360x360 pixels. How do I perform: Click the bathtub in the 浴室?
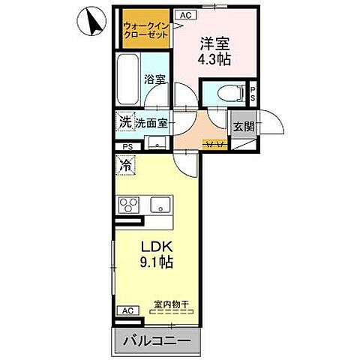pyautogui.click(x=130, y=78)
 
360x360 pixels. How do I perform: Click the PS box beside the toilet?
pyautogui.click(x=253, y=94)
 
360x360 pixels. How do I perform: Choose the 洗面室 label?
pyautogui.click(x=151, y=123)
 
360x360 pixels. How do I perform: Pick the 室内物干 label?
pyautogui.click(x=170, y=304)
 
